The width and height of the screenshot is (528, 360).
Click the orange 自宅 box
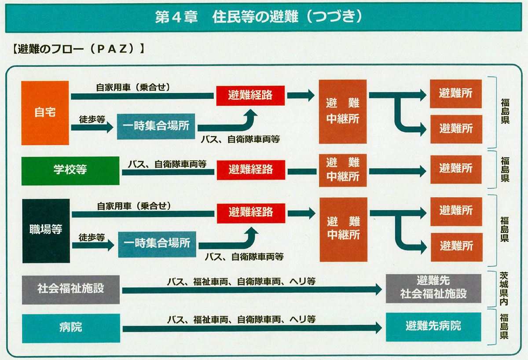45,113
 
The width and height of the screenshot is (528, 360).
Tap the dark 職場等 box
46,230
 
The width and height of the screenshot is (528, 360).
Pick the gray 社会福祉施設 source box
71,289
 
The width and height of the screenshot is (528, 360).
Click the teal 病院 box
71,328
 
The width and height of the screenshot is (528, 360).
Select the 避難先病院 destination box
433,327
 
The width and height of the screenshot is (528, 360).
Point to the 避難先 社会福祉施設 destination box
433,288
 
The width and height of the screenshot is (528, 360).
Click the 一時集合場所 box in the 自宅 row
156,126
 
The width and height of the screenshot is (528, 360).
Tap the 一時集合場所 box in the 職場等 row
157,243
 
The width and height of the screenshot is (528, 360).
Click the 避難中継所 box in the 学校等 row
343,169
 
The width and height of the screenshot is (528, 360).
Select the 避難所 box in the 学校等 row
455,169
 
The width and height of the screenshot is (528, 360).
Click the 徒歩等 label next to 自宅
92,119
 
